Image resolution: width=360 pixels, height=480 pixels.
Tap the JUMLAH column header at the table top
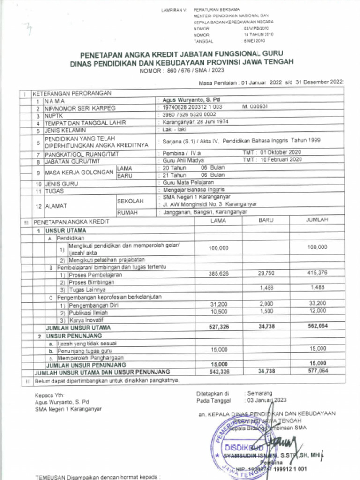tap(317, 220)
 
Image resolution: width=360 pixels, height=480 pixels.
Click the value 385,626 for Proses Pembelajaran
tap(218, 273)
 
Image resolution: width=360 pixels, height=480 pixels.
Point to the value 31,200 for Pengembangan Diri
tap(219, 304)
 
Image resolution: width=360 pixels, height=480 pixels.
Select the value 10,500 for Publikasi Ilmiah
tap(219, 311)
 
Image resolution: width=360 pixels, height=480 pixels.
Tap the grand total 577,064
tap(317, 371)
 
